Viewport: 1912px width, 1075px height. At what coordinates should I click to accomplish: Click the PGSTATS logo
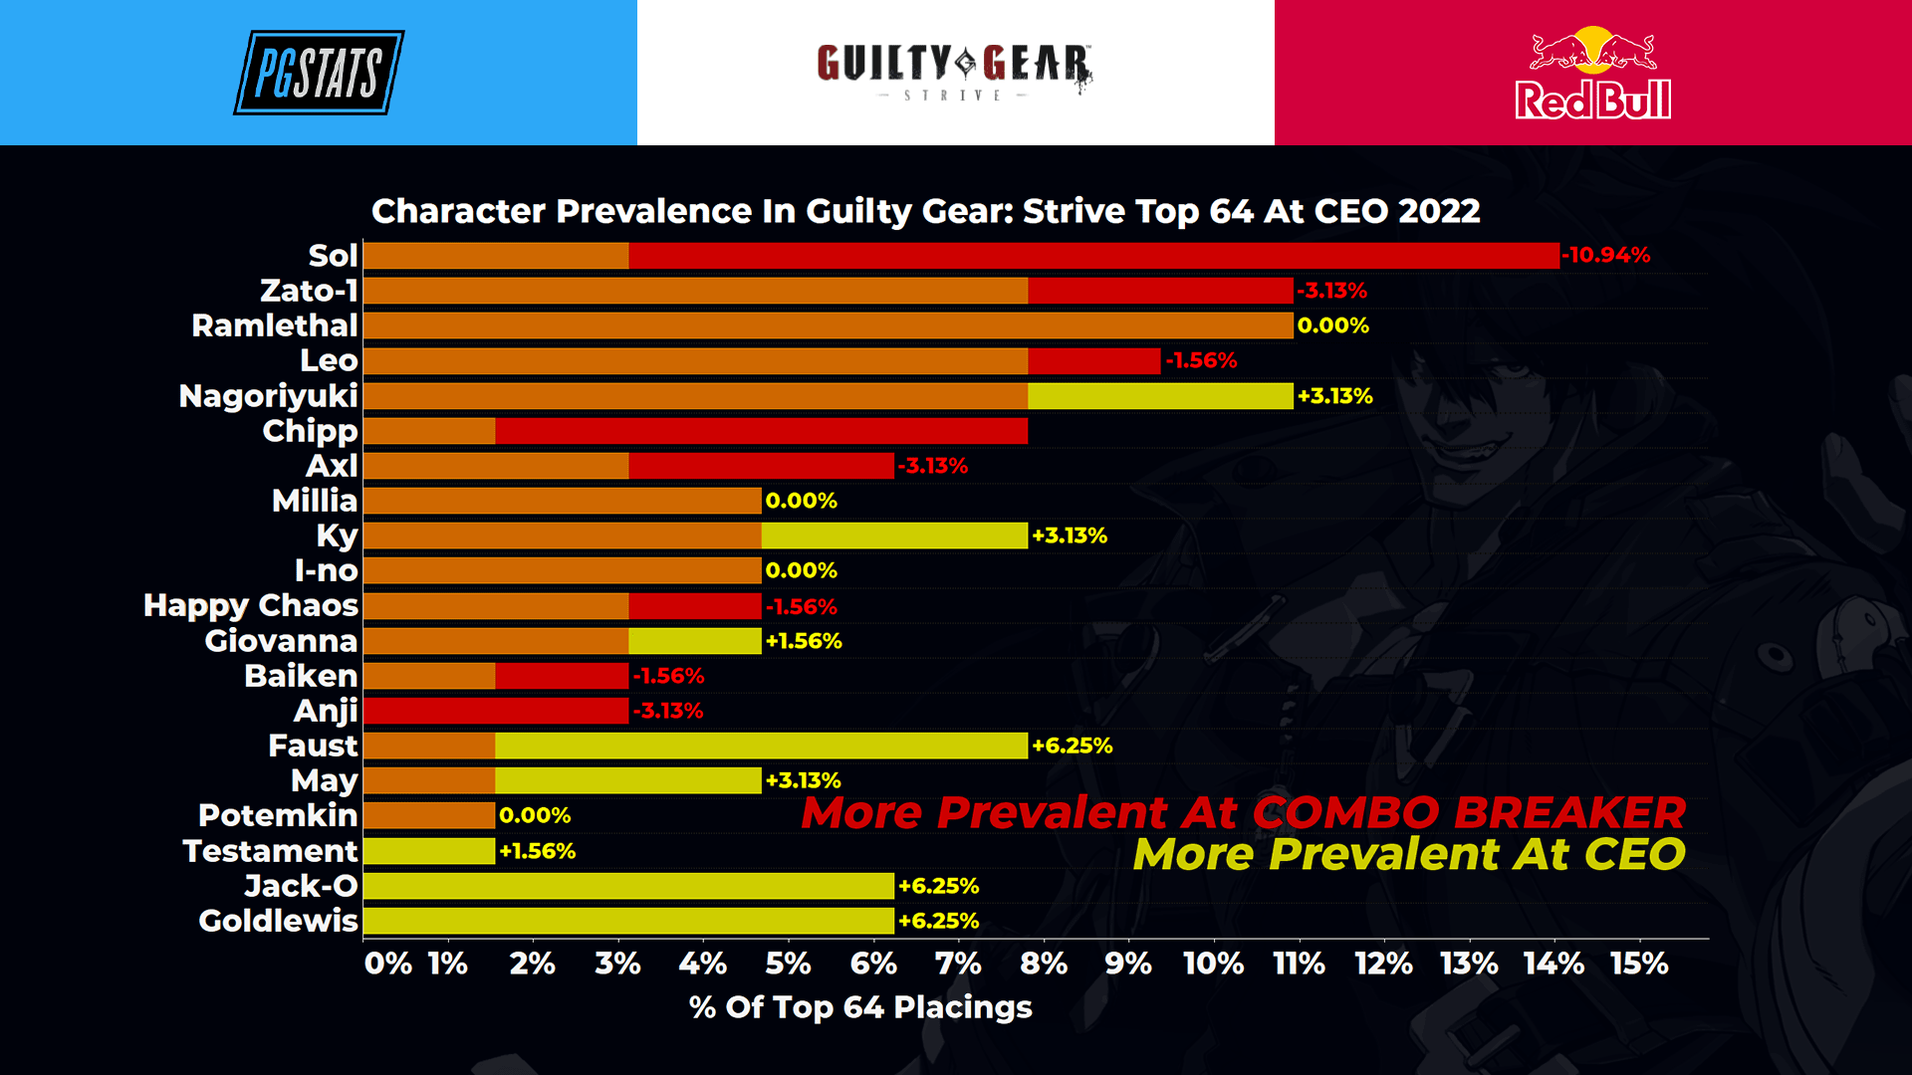pyautogui.click(x=319, y=73)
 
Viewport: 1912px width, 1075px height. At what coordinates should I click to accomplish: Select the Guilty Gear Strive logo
pyautogui.click(x=954, y=70)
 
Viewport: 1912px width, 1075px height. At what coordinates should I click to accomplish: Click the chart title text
pyautogui.click(x=925, y=211)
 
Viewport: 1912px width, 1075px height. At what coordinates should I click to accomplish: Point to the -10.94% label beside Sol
pyautogui.click(x=1605, y=255)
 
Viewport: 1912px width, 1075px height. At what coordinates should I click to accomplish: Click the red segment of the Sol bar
pyautogui.click(x=1093, y=256)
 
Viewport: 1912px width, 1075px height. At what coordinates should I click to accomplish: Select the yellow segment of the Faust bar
pyautogui.click(x=761, y=746)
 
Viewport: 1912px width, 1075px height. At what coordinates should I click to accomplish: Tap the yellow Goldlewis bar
pyautogui.click(x=628, y=921)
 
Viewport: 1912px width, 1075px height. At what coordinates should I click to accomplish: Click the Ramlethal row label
pyautogui.click(x=274, y=325)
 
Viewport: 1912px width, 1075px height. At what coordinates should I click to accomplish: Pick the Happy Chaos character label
pyautogui.click(x=250, y=605)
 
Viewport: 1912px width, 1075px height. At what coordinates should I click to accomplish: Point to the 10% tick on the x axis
pyautogui.click(x=1213, y=964)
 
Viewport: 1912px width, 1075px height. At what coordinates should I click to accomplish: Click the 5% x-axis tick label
pyautogui.click(x=788, y=964)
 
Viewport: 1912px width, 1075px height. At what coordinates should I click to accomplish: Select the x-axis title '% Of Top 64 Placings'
pyautogui.click(x=860, y=1007)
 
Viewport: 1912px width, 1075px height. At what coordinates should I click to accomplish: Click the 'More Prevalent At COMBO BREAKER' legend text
pyautogui.click(x=1243, y=812)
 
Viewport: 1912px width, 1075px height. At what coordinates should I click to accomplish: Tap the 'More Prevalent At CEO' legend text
pyautogui.click(x=1408, y=854)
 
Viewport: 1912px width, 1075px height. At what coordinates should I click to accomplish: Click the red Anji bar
pyautogui.click(x=496, y=711)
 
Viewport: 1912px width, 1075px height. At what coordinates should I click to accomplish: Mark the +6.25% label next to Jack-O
pyautogui.click(x=938, y=886)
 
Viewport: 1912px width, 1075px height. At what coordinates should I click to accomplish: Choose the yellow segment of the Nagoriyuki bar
pyautogui.click(x=1160, y=396)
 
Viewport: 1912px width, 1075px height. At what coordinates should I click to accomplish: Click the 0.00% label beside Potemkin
pyautogui.click(x=535, y=816)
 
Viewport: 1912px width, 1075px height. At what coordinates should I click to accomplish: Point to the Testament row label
pyautogui.click(x=270, y=851)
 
